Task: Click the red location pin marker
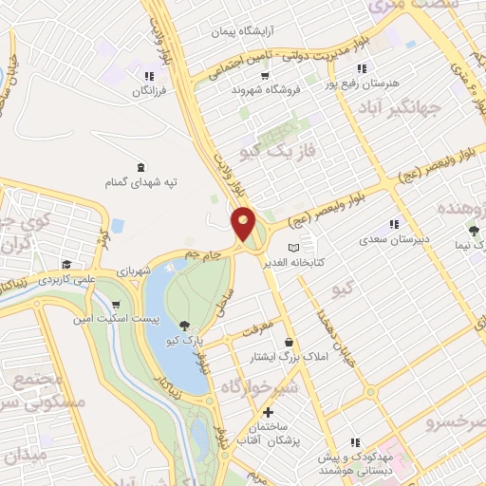click(244, 222)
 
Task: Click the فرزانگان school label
click(148, 90)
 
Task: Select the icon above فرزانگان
click(148, 76)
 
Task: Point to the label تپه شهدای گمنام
click(142, 182)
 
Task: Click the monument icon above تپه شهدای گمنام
click(141, 167)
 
